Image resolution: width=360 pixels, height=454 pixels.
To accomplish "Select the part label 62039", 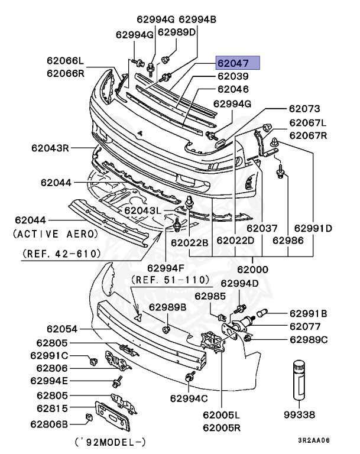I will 232,77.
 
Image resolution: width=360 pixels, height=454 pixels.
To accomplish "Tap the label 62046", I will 232,90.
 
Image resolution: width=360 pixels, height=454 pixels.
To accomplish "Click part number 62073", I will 304,109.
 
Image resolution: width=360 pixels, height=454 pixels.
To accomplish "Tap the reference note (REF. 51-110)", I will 170,279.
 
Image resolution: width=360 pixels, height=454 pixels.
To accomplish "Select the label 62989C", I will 308,339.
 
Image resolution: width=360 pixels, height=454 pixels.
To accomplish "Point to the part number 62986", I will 288,241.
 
